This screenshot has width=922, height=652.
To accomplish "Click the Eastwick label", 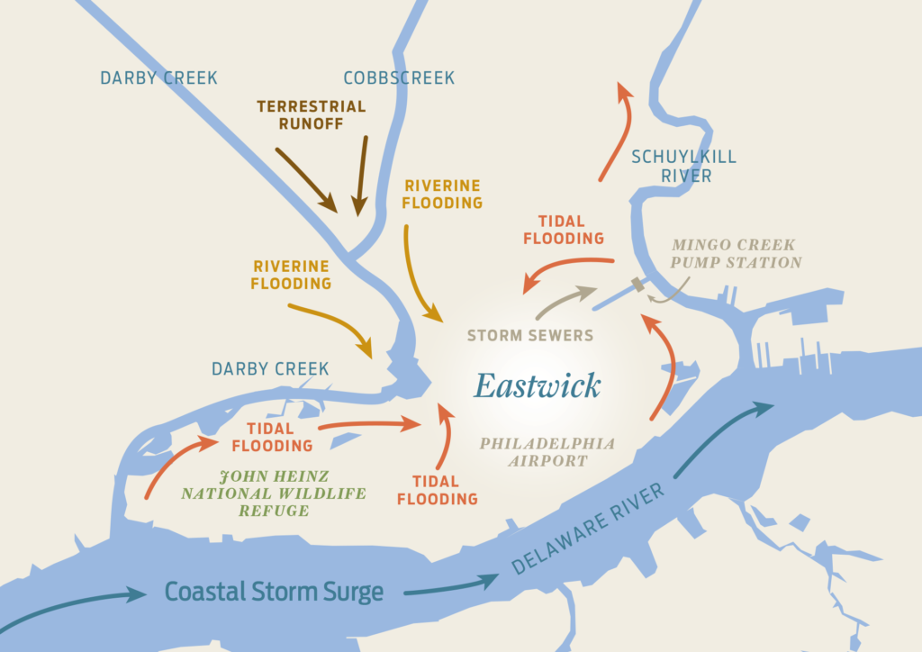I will [538, 386].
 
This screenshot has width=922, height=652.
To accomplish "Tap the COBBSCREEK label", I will [399, 78].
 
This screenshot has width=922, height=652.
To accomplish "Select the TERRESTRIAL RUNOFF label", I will [312, 114].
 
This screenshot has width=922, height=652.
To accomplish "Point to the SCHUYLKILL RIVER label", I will [683, 167].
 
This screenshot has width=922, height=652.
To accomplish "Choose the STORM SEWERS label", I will [530, 336].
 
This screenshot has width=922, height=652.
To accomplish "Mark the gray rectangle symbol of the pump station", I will [638, 285].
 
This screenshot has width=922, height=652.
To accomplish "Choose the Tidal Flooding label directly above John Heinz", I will [272, 437].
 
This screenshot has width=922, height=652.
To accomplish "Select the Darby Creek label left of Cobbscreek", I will [158, 78].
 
